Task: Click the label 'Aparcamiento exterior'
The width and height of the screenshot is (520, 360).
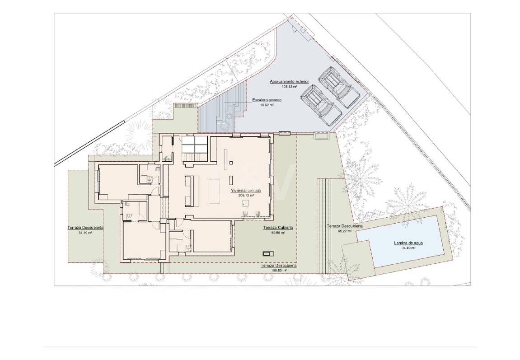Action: pos(289,82)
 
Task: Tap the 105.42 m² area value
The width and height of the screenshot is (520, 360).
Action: pos(289,86)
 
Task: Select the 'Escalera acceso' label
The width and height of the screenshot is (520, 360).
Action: pos(267,100)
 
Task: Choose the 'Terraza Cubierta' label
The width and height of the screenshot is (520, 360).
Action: pos(278,228)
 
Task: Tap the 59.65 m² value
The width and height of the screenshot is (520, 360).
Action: pos(278,233)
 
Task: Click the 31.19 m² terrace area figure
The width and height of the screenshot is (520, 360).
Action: pos(85,233)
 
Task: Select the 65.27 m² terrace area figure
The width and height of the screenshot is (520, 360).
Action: pos(344,231)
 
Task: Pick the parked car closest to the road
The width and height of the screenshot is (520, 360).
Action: pos(339,87)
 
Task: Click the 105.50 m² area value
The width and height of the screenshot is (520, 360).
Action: pos(279,271)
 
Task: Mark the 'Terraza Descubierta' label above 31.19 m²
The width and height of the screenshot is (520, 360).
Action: pos(85,228)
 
